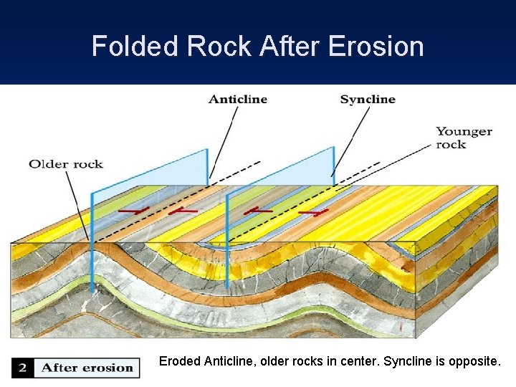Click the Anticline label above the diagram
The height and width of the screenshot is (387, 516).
pos(238,100)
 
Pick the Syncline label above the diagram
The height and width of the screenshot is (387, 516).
pos(367,100)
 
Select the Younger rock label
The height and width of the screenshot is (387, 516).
pos(464,138)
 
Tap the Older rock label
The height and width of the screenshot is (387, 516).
pos(66,164)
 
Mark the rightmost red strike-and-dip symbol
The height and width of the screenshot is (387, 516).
pos(313,213)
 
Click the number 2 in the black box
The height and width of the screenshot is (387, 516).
pos(22,368)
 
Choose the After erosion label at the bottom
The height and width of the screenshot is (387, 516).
pos(87,368)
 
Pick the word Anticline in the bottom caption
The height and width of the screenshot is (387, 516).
pos(227,361)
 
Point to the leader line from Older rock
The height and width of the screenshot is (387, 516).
pos(78,204)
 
